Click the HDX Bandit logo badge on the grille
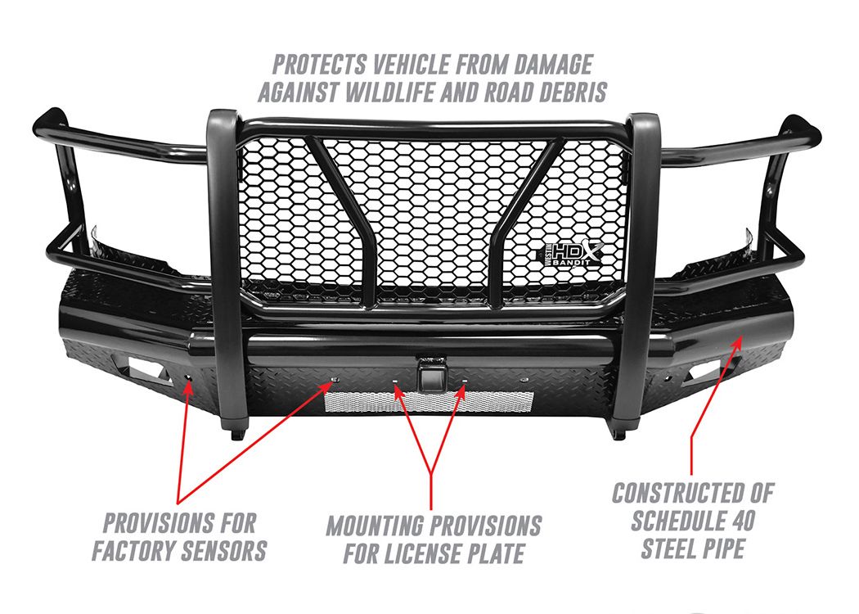click(573, 255)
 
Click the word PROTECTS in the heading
click(319, 65)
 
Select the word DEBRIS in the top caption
click(573, 93)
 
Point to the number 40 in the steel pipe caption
click(740, 520)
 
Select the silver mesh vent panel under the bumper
click(429, 402)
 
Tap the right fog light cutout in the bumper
click(711, 370)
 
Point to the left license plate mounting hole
click(394, 380)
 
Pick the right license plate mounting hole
click(464, 380)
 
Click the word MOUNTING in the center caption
click(374, 526)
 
